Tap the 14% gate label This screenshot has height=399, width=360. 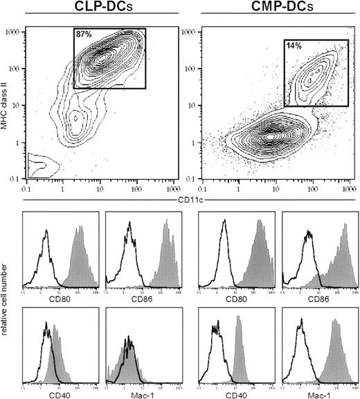click(294, 46)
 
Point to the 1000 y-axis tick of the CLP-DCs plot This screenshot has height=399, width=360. click(12, 31)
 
